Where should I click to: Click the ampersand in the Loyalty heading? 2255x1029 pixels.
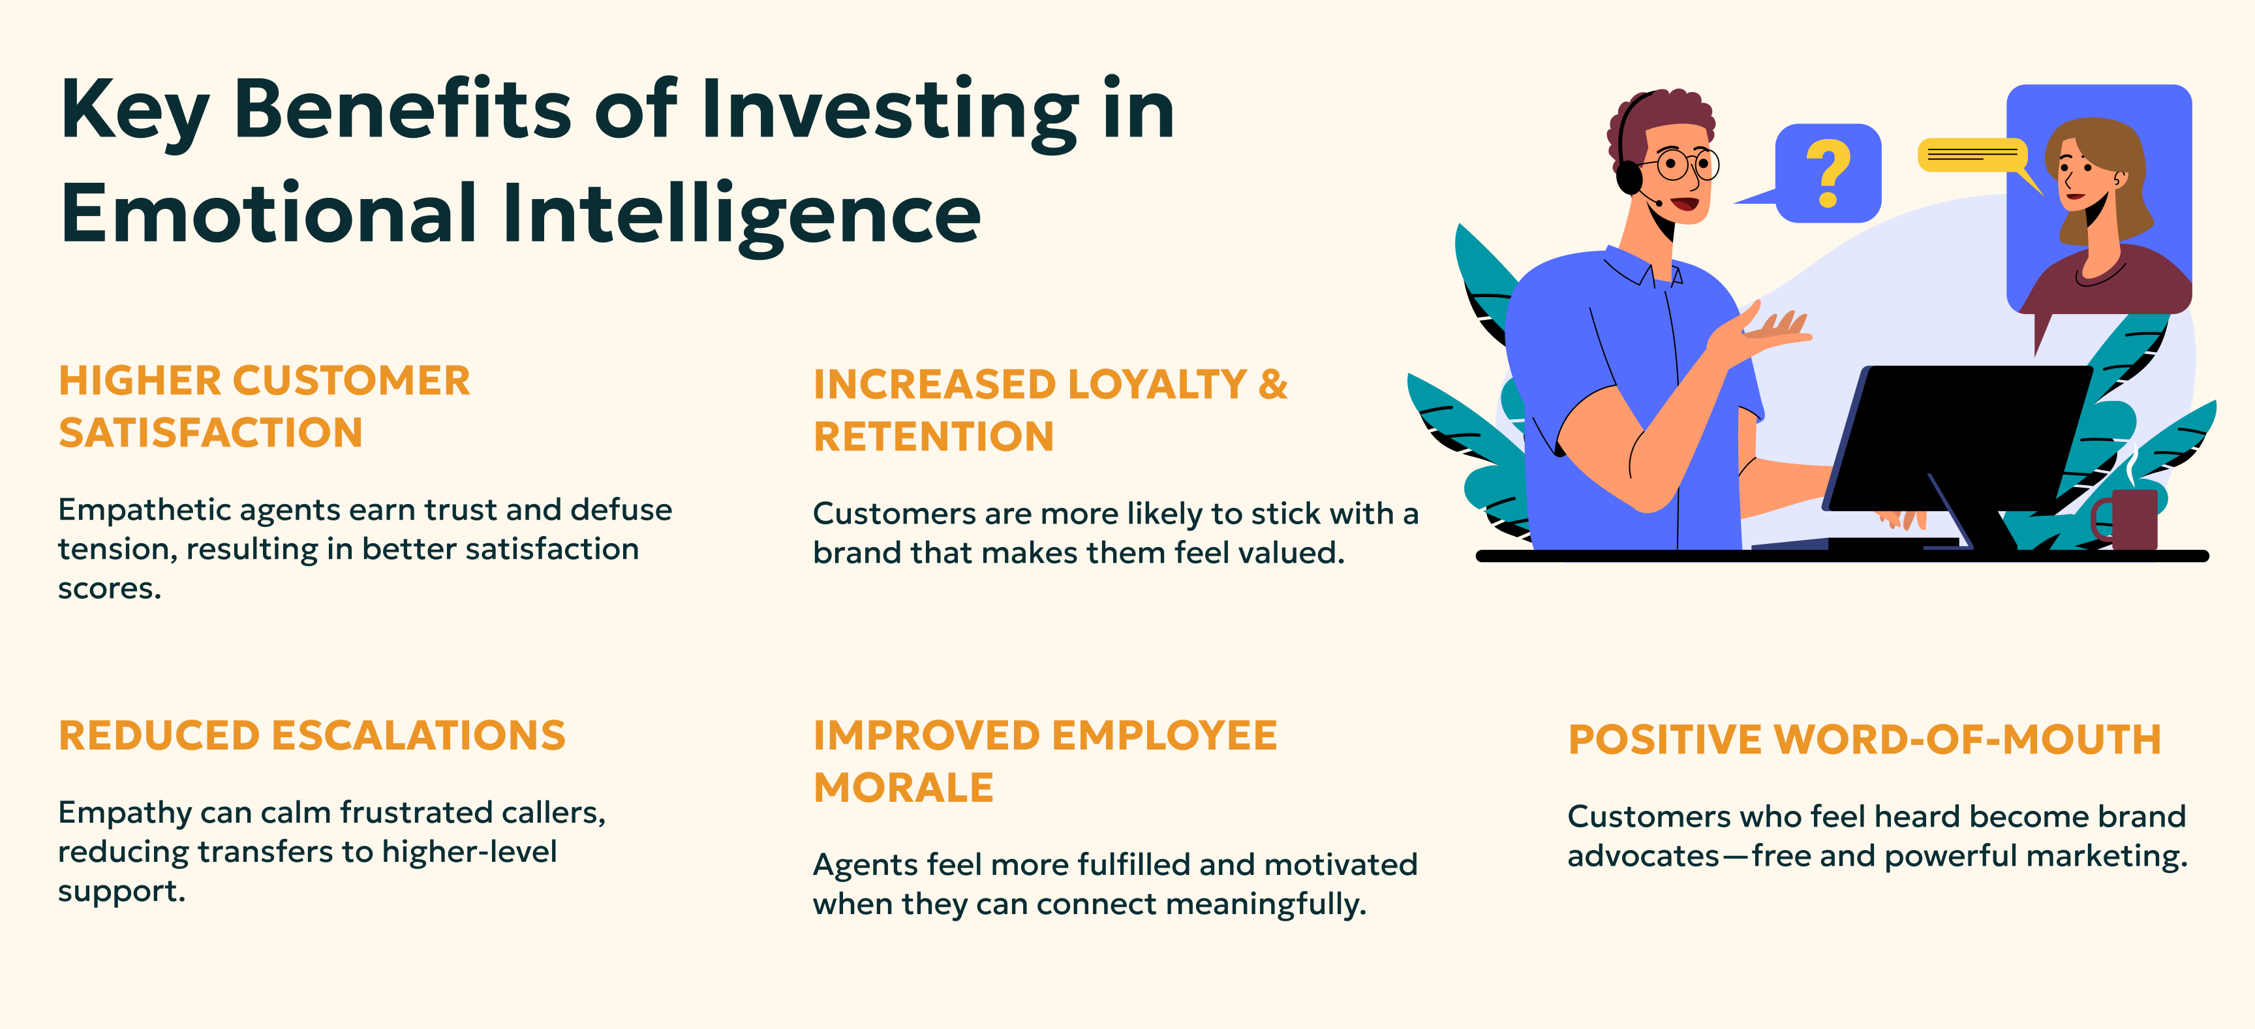pyautogui.click(x=1273, y=383)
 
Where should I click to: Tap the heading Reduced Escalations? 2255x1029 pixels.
pyautogui.click(x=313, y=736)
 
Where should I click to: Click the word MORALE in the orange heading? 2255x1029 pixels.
pyautogui.click(x=904, y=787)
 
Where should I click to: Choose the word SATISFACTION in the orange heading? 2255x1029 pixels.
pyautogui.click(x=211, y=433)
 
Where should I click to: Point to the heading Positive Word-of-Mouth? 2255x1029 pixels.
pyautogui.click(x=1865, y=739)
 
